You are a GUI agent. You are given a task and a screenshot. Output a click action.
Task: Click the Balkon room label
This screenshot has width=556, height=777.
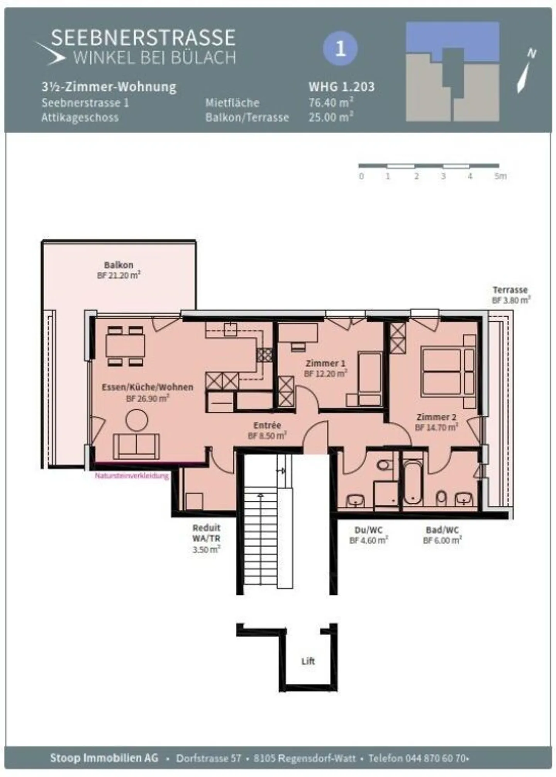pyautogui.click(x=119, y=265)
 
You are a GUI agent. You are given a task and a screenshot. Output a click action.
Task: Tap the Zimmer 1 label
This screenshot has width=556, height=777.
pyautogui.click(x=325, y=363)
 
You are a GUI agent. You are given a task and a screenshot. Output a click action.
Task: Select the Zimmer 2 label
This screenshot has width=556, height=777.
pyautogui.click(x=436, y=417)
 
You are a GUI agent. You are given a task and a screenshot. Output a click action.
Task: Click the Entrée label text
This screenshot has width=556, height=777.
pyautogui.click(x=267, y=425)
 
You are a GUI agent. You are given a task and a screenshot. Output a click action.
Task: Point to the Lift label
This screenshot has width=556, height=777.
pyautogui.click(x=308, y=661)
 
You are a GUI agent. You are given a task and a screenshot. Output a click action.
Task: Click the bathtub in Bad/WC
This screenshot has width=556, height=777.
pyautogui.click(x=412, y=482)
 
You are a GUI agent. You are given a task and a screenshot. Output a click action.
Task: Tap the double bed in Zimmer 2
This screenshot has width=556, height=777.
pyautogui.click(x=442, y=371)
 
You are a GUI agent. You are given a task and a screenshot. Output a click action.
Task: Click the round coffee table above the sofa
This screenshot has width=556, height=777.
pyautogui.click(x=137, y=420)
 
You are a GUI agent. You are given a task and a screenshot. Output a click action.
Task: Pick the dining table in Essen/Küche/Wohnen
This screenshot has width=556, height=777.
pyautogui.click(x=125, y=346)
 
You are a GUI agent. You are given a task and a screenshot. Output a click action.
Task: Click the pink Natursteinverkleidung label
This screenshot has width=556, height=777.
pyautogui.click(x=132, y=476)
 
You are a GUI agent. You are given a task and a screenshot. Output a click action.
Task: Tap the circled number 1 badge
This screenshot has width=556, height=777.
pyautogui.click(x=340, y=49)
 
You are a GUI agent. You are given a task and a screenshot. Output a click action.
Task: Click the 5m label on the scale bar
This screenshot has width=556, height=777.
pyautogui.click(x=500, y=176)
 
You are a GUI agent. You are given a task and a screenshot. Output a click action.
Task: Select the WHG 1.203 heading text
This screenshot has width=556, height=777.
pyautogui.click(x=342, y=87)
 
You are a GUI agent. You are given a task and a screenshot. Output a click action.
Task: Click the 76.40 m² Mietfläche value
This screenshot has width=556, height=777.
pyautogui.click(x=331, y=103)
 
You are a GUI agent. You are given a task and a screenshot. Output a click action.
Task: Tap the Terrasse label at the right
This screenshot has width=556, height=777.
pyautogui.click(x=510, y=290)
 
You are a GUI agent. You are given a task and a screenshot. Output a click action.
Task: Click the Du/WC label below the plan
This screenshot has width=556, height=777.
pyautogui.click(x=368, y=530)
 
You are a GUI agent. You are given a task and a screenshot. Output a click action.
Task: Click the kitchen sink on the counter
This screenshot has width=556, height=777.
pyautogui.click(x=231, y=329)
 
